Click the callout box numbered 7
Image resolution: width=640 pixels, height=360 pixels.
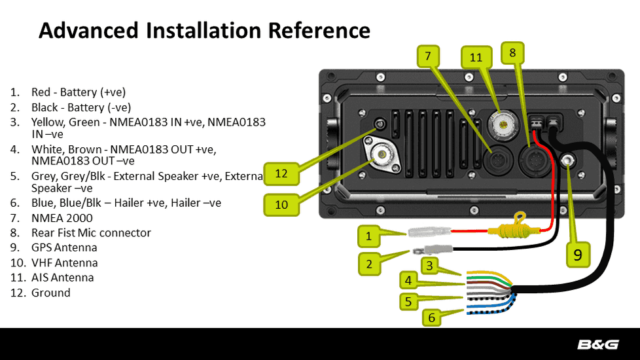427,56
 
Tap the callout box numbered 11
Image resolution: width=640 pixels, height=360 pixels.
476,57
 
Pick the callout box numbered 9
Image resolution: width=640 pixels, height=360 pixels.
578,255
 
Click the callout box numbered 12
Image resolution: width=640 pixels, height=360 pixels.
281,173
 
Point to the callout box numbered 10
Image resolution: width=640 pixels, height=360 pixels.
281,205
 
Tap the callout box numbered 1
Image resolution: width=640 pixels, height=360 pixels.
369,236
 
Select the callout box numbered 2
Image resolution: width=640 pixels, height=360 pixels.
369,264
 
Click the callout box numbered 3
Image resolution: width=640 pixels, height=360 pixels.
429,265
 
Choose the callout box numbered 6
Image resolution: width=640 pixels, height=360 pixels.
431,318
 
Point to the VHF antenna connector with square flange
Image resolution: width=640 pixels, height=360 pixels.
381,156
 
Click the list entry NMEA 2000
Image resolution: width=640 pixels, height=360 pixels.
62,218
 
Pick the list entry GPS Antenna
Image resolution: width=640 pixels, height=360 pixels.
64,248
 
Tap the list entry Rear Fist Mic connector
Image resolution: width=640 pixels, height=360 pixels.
91,233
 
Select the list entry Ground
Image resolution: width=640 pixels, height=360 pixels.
50,293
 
